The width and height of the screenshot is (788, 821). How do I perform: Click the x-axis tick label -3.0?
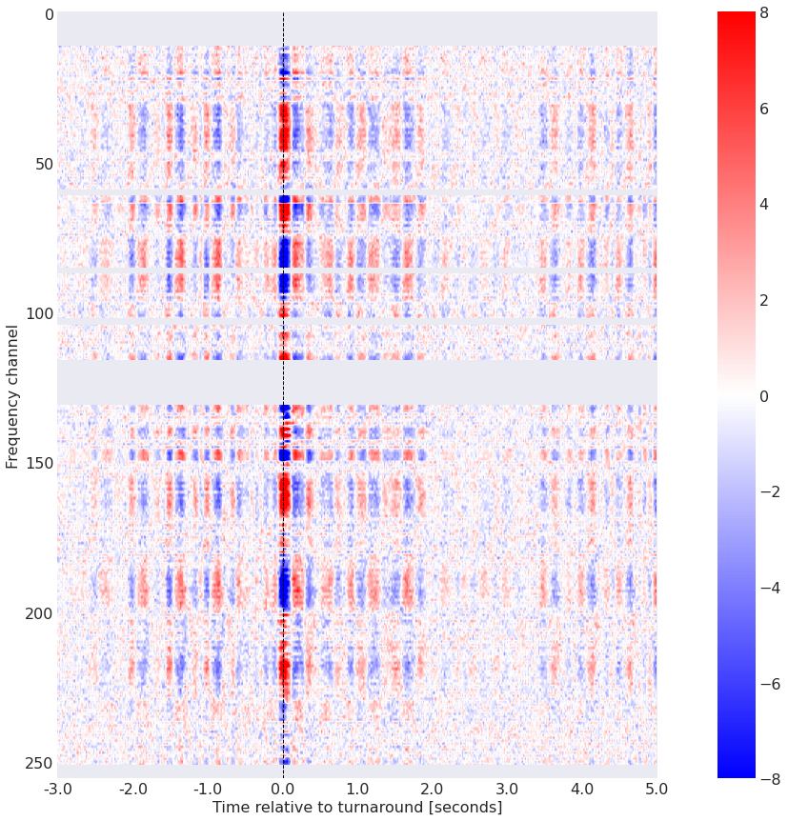click(57, 789)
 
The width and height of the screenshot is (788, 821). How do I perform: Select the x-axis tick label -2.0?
click(132, 789)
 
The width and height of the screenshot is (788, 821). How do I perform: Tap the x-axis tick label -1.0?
click(207, 789)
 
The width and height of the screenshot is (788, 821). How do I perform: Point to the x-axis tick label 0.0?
click(283, 789)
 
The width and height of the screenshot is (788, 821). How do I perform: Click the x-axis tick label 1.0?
click(357, 789)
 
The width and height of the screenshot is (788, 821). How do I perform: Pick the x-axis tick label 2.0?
click(433, 789)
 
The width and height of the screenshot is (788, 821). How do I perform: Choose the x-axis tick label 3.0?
click(508, 789)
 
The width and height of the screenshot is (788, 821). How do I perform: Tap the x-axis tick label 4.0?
click(582, 789)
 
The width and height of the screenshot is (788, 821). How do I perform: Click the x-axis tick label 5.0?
click(657, 789)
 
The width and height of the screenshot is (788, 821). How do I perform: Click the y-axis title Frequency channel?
click(12, 395)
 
